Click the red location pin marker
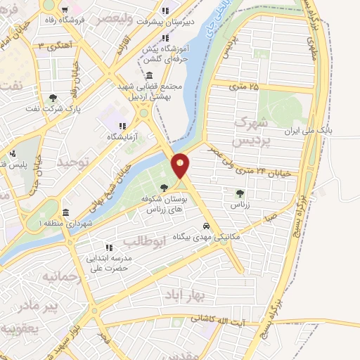tap(181, 165)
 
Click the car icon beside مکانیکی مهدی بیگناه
tap(205, 226)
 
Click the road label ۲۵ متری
tap(244, 86)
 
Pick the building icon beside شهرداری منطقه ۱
tap(65, 213)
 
